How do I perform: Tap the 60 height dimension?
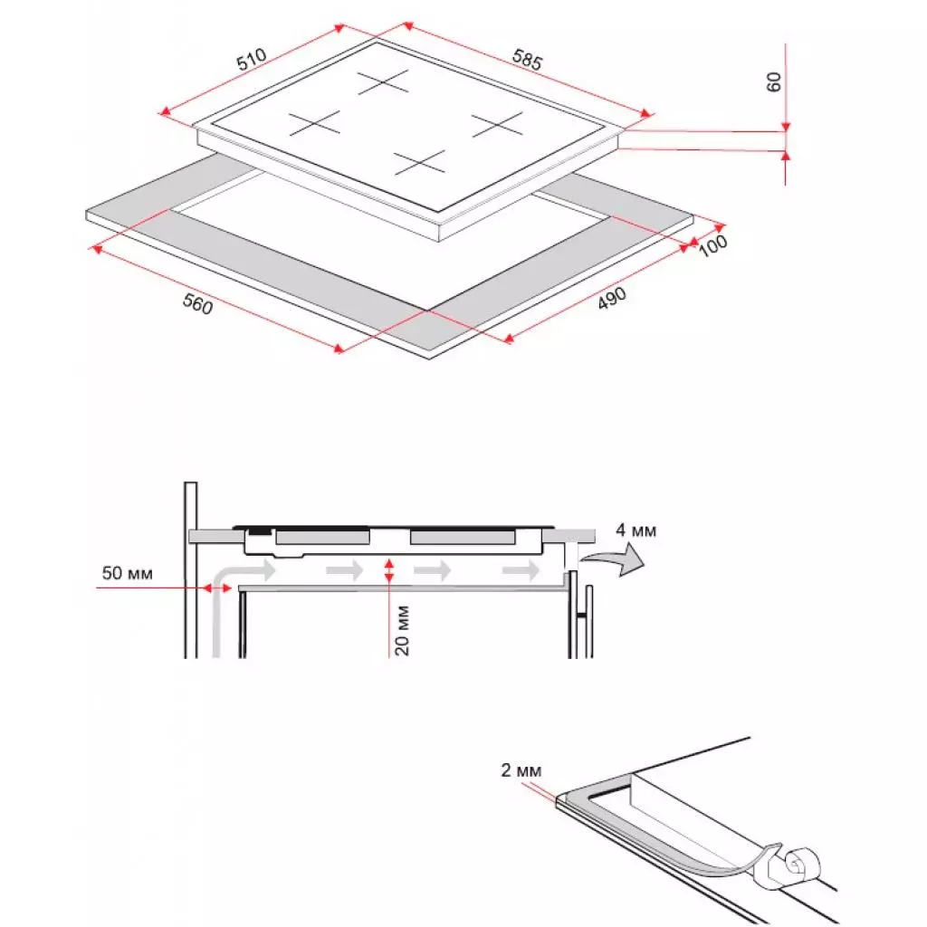pos(773,81)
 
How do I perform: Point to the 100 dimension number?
pos(714,245)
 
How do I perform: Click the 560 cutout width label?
pos(197,305)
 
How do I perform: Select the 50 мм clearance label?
pos(128,573)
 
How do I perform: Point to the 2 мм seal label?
pos(521,771)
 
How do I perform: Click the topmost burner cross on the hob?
pos(385,82)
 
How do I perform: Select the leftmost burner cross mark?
pos(315,123)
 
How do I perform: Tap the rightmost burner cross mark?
pos(497,124)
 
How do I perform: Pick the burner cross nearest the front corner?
pos(420,163)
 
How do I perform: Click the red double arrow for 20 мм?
pos(389,570)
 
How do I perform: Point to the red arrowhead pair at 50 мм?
pos(216,588)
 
